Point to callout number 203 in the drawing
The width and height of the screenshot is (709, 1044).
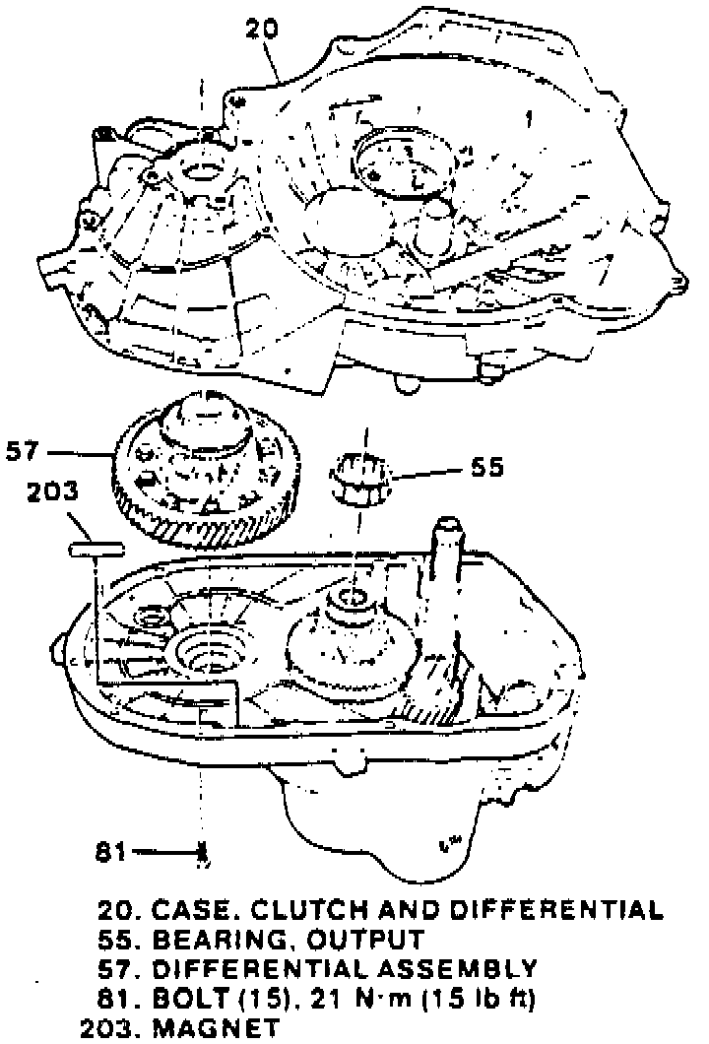click(55, 491)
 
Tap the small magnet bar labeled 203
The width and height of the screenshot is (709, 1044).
click(95, 546)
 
